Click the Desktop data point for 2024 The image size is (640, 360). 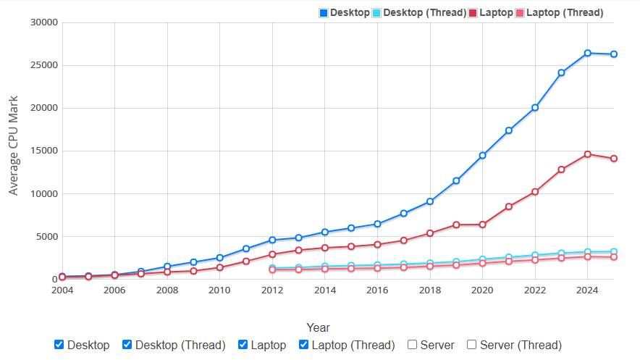[587, 53]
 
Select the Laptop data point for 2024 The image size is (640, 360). [587, 154]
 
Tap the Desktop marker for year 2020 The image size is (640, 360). [482, 156]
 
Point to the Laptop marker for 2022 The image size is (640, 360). [535, 192]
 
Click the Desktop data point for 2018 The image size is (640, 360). [430, 201]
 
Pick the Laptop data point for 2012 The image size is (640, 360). [272, 254]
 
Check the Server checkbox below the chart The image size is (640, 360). [413, 345]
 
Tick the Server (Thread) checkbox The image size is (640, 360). [472, 345]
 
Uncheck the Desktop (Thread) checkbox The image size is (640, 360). [127, 345]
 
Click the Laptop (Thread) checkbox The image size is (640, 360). [304, 345]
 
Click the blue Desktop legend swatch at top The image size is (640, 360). [324, 12]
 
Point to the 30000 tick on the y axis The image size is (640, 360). [44, 22]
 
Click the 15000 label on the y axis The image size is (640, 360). [44, 151]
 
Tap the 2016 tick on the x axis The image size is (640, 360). [377, 290]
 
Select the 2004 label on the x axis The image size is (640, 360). [62, 290]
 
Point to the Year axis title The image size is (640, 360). [318, 327]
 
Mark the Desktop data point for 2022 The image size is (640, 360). [535, 107]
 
